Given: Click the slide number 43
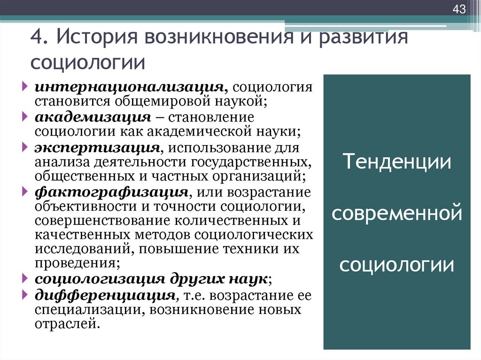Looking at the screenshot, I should tap(459, 9).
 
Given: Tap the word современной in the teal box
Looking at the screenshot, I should tap(397, 214).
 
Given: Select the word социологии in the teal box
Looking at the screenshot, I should tap(397, 265).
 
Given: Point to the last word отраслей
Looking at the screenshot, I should tap(67, 324).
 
